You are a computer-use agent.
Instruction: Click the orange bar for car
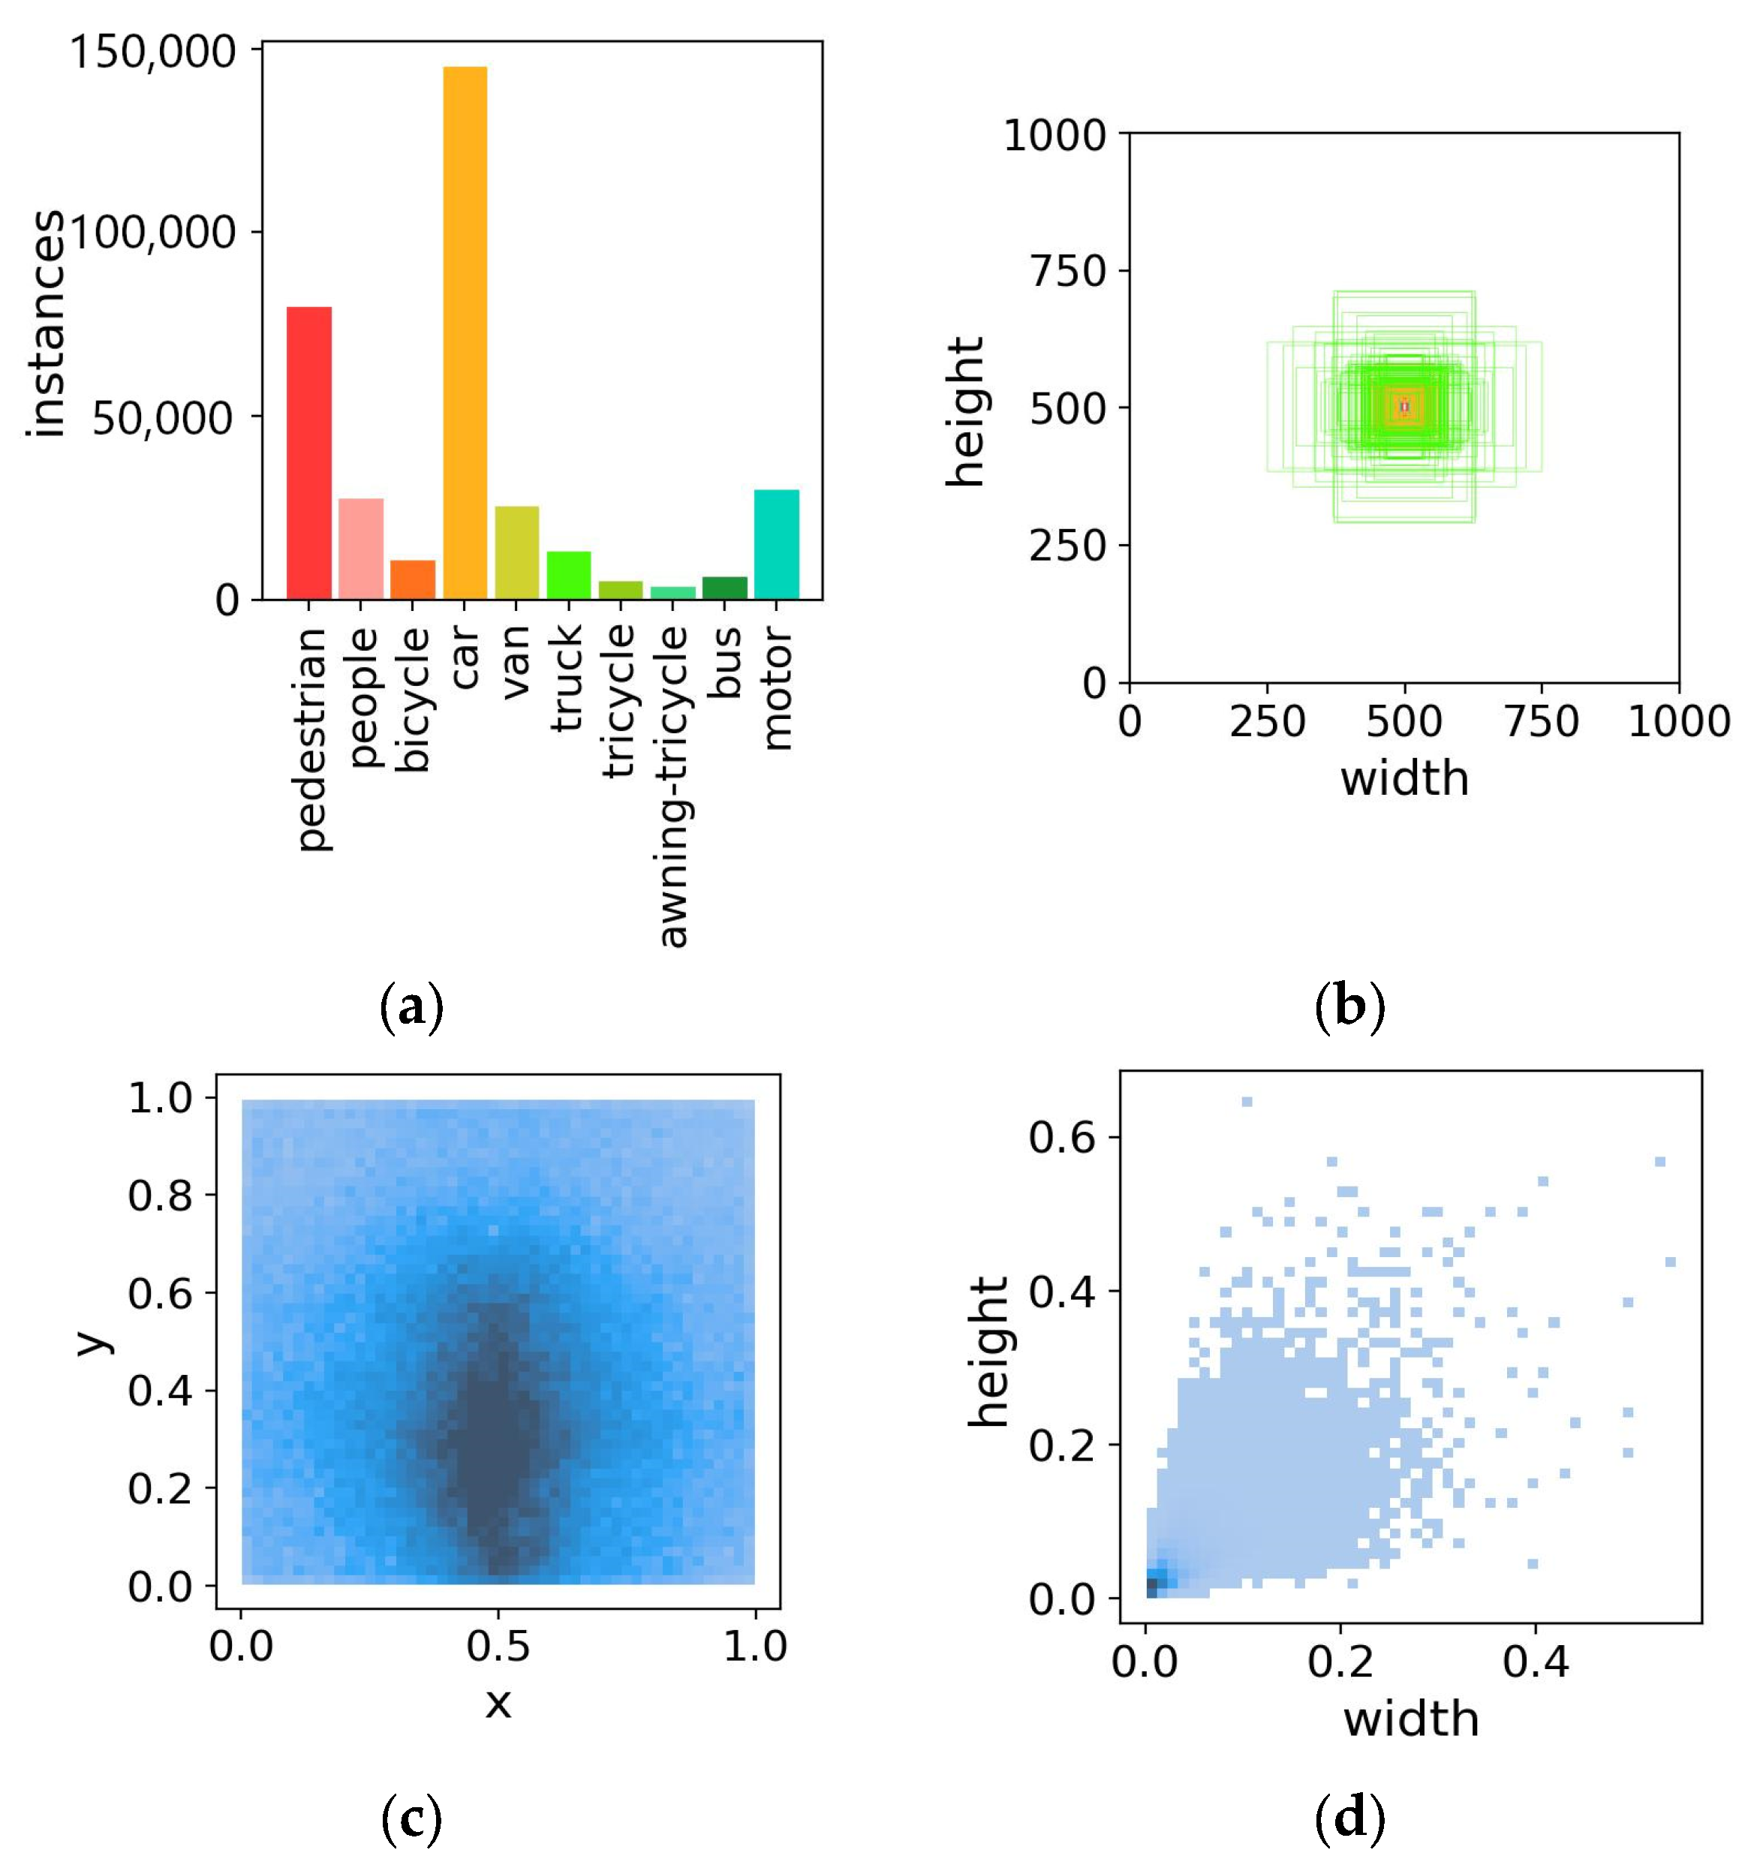tap(465, 332)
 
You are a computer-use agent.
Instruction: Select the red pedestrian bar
tap(309, 453)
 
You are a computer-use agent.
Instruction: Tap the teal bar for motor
tap(776, 544)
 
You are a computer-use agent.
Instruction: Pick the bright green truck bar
tap(568, 575)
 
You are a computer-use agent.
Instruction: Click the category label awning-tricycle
tap(673, 785)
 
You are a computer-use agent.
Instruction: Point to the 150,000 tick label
tap(152, 51)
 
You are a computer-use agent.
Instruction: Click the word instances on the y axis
tap(45, 323)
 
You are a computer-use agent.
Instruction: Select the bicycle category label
tap(413, 699)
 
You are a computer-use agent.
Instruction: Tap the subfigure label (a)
tap(411, 1006)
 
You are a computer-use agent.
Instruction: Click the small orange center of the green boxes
tap(1404, 406)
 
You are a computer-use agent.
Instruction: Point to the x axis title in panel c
tap(498, 1702)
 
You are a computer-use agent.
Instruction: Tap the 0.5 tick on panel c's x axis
tap(498, 1646)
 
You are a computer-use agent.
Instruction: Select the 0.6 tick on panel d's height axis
tap(1061, 1138)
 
